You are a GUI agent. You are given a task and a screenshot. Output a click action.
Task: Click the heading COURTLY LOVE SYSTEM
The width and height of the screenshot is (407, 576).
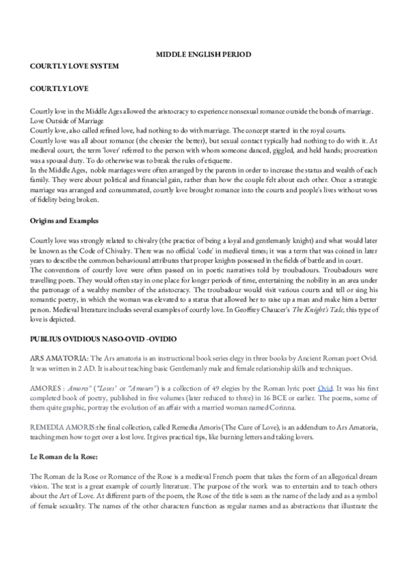click(x=73, y=65)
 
